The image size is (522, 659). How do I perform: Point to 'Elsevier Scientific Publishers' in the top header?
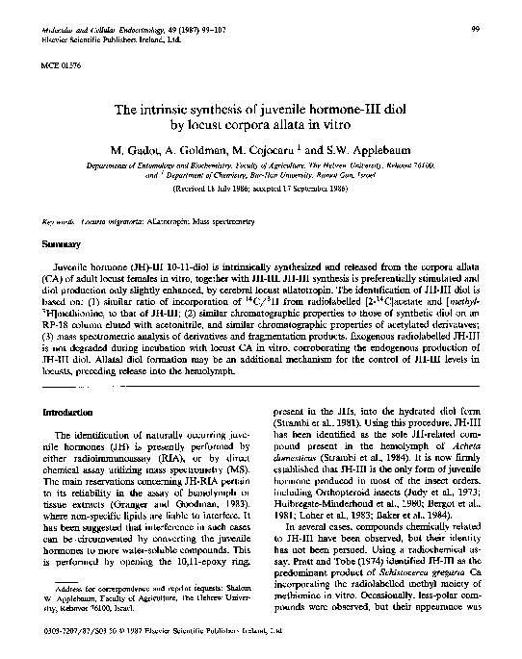[x=96, y=40]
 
